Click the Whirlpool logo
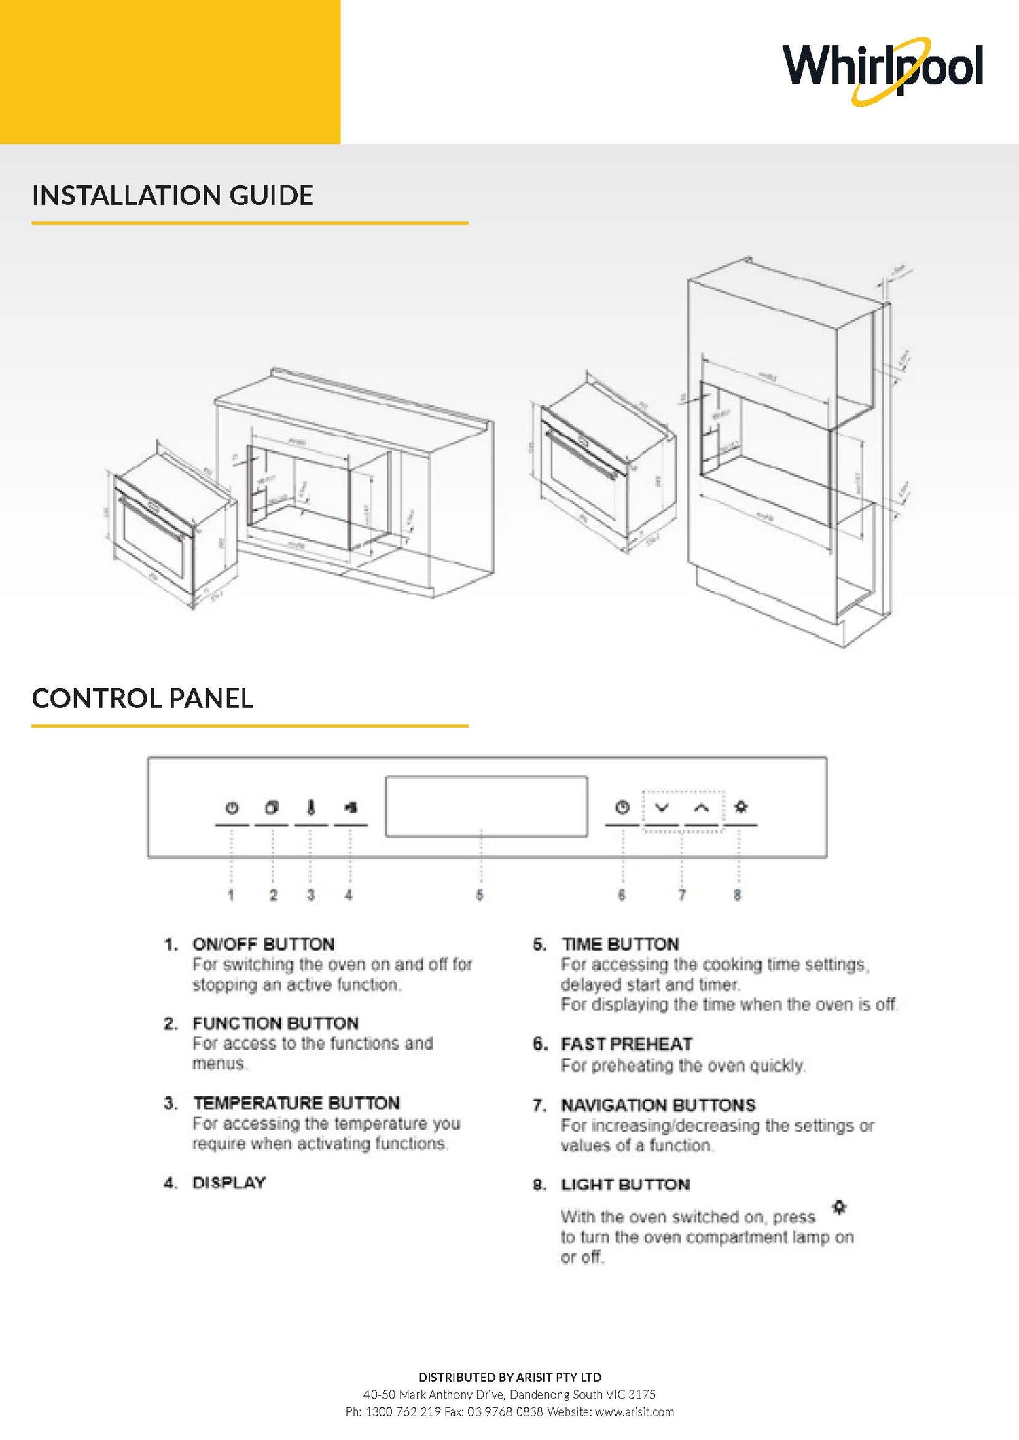point(882,69)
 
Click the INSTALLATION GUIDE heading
point(173,196)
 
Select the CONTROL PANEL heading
point(143,699)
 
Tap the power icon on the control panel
point(232,808)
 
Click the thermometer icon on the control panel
point(311,807)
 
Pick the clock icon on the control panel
point(622,807)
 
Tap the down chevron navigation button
point(662,807)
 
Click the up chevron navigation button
point(702,807)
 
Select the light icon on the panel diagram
point(741,807)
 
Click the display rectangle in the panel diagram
point(486,807)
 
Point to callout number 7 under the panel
point(682,895)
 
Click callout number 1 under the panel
point(231,895)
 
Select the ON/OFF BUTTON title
point(264,944)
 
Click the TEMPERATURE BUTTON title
point(296,1103)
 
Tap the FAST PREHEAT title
point(626,1044)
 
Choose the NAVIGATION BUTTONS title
point(658,1105)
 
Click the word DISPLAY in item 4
point(229,1183)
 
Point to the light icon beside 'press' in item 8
point(840,1207)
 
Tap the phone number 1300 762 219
point(403,1411)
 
